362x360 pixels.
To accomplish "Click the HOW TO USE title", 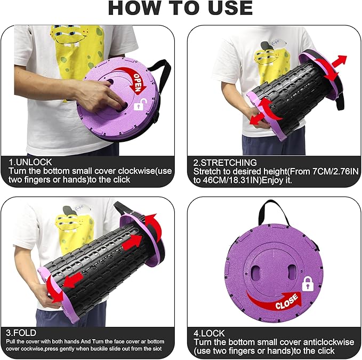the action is [x=180, y=9].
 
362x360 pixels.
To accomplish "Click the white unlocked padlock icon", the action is [x=140, y=105].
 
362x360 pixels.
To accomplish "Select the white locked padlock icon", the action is [x=308, y=284].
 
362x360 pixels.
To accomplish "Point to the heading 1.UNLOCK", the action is [x=30, y=162].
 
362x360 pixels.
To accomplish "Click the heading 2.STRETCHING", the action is [x=225, y=163].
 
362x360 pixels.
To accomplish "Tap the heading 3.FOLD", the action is [x=21, y=333].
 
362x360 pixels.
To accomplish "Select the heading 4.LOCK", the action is [x=209, y=333].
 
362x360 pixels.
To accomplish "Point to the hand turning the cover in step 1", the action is [x=102, y=96].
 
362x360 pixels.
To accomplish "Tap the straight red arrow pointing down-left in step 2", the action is [x=258, y=118].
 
